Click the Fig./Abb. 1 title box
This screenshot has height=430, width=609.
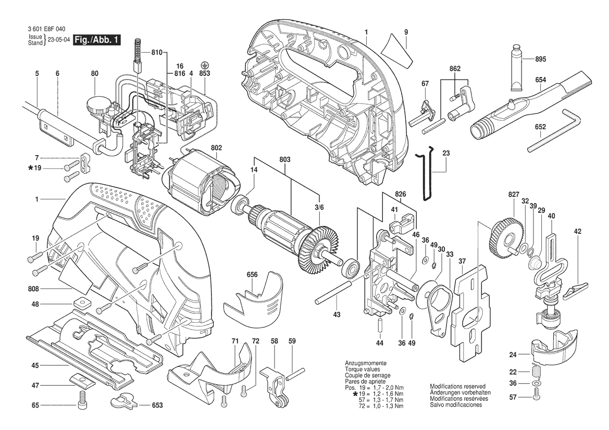[97, 40]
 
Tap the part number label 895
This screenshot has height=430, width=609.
[540, 59]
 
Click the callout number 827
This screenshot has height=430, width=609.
[514, 194]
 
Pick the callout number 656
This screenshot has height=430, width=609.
[252, 275]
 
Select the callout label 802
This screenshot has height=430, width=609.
[216, 148]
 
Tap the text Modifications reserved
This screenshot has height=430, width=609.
[457, 387]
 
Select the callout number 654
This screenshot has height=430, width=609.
[540, 80]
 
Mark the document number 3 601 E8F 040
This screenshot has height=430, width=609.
[46, 29]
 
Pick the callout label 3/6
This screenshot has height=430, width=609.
[319, 208]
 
